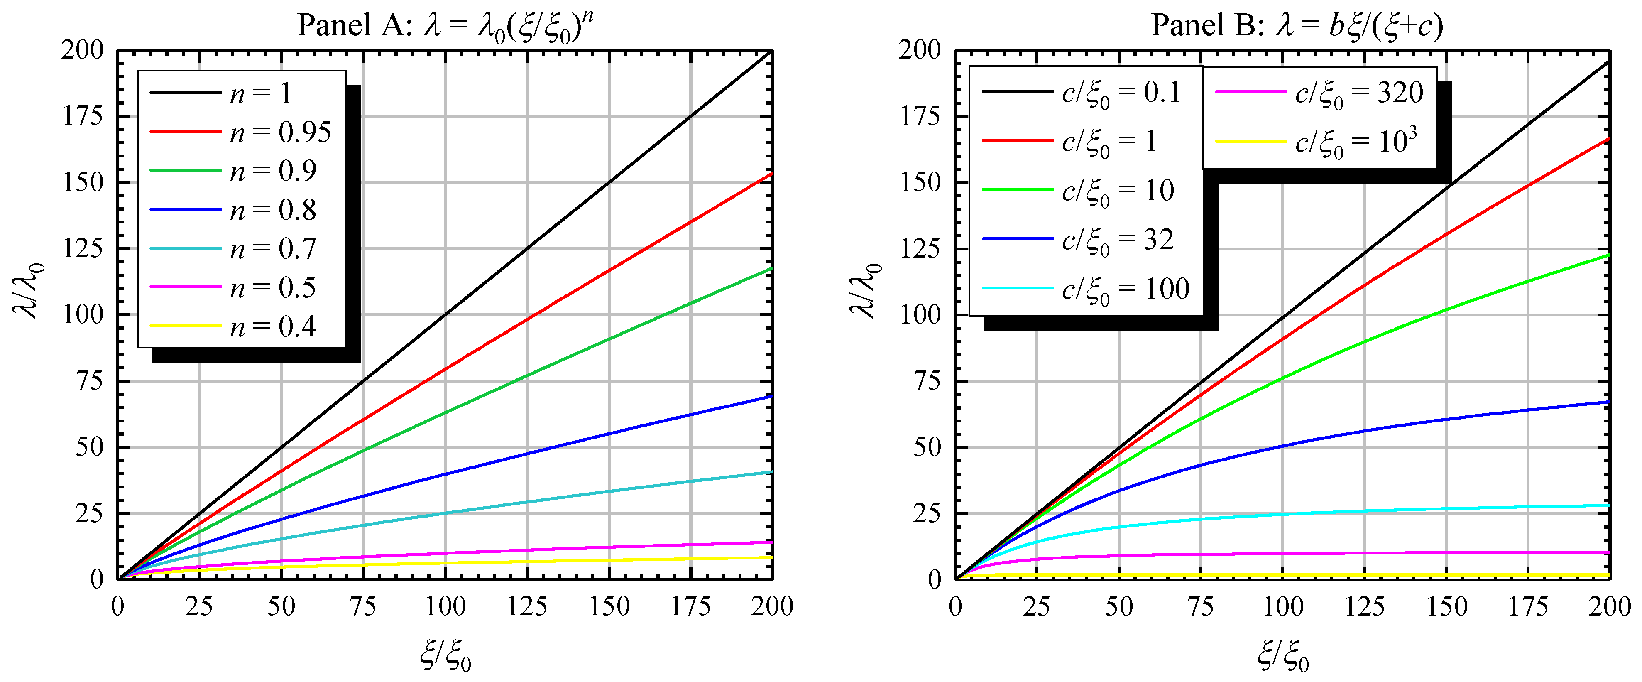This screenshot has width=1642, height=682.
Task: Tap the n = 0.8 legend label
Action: [x=273, y=210]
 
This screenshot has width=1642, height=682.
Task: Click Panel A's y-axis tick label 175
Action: [x=83, y=116]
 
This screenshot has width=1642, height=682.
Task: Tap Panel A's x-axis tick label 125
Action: [x=527, y=606]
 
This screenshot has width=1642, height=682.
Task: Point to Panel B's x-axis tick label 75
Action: [x=1200, y=606]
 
